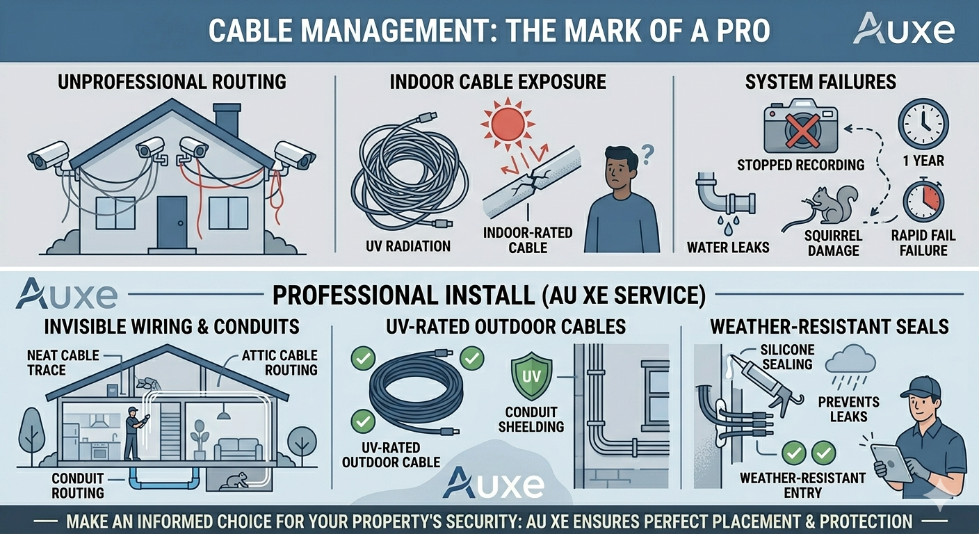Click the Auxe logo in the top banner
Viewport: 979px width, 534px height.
pos(904,29)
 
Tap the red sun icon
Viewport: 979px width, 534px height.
pos(508,122)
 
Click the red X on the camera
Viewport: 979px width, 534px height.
pos(802,131)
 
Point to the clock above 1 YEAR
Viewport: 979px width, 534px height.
pos(923,124)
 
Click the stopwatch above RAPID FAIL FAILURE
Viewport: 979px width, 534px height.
pos(923,201)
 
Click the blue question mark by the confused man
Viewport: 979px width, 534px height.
pos(647,154)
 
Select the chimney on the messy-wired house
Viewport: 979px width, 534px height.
pos(227,119)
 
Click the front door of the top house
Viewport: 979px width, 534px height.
pos(172,222)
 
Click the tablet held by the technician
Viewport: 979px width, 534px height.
pos(891,462)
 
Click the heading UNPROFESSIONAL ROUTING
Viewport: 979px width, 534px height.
pos(172,82)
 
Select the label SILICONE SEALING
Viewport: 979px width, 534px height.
pos(786,357)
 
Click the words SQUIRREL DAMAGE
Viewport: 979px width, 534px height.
pos(833,243)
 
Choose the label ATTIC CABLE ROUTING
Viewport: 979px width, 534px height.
pos(280,363)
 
